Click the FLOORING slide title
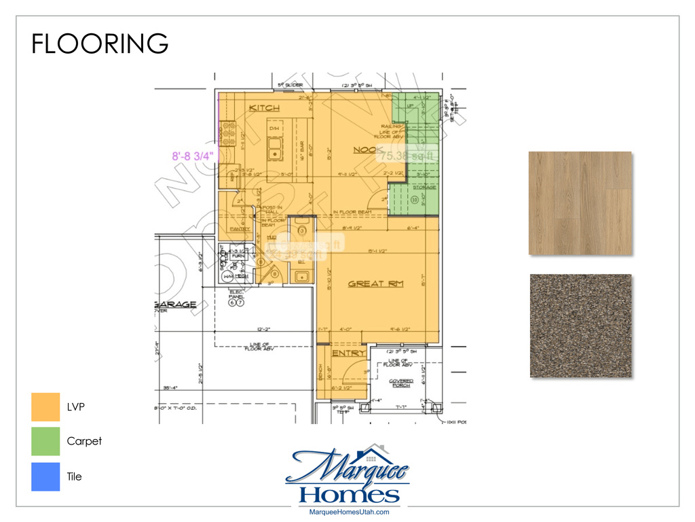[100, 43]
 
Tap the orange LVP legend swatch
[45, 406]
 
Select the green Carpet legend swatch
[45, 441]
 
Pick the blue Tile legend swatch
[45, 476]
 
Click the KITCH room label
[265, 109]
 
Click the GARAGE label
[175, 304]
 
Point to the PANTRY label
[240, 229]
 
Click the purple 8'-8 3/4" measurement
[193, 156]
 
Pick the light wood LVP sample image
[580, 203]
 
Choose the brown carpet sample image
[580, 326]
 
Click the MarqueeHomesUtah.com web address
[348, 512]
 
